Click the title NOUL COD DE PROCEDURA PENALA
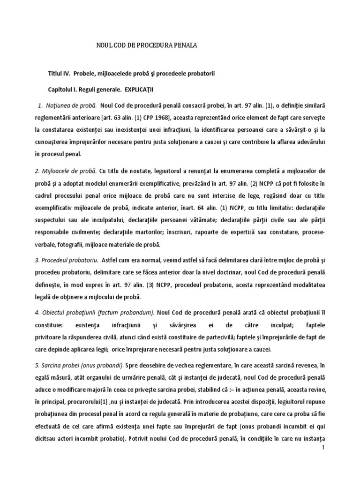(x=147, y=45)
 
